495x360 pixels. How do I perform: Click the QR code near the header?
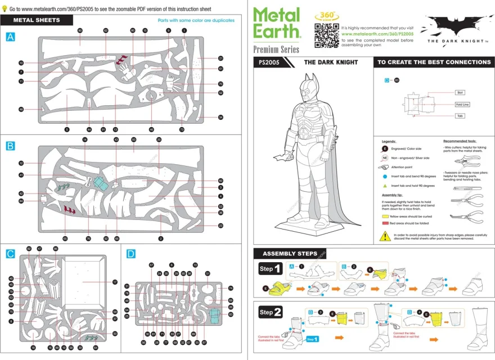pyautogui.click(x=326, y=35)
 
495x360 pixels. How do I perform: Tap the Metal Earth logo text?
pyautogui.click(x=277, y=23)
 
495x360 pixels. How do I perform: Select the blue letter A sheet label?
pyautogui.click(x=10, y=37)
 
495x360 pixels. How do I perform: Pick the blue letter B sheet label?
pyautogui.click(x=10, y=146)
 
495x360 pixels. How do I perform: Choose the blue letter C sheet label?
pyautogui.click(x=10, y=254)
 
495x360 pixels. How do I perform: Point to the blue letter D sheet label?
pyautogui.click(x=130, y=254)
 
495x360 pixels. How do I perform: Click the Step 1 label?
pyautogui.click(x=271, y=269)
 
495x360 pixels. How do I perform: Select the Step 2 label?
pyautogui.click(x=271, y=312)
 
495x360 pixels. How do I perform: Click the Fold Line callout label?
pyautogui.click(x=462, y=105)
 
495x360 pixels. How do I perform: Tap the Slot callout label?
pyautogui.click(x=460, y=92)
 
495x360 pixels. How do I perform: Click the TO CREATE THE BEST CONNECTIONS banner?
pyautogui.click(x=434, y=62)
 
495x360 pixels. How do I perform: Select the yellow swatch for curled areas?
pyautogui.click(x=385, y=216)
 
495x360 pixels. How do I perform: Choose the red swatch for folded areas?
pyautogui.click(x=385, y=223)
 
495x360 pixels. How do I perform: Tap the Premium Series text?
pyautogui.click(x=276, y=49)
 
